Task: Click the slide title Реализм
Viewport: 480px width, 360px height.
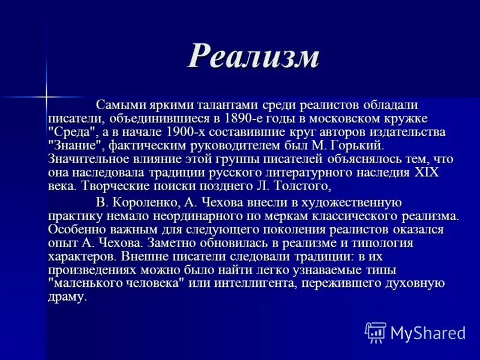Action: [253, 58]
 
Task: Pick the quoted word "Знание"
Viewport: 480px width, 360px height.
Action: [74, 146]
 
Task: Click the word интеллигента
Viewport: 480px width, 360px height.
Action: [260, 284]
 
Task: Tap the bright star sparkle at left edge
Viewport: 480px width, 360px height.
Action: [45, 96]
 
